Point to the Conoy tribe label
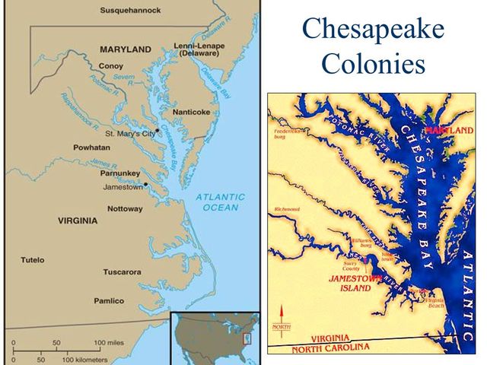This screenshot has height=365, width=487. pos(111,66)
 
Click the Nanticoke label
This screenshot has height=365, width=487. pos(190,112)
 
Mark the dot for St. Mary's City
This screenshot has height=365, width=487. pos(157,132)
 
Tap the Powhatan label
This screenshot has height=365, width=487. pos(91,147)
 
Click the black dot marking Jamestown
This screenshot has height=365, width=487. pos(145,185)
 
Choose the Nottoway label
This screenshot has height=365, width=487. pos(124,208)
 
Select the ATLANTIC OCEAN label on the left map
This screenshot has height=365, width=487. pos(220,202)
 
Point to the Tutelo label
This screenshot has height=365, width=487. pos(33,260)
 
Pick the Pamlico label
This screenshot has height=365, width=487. pos(109,300)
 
